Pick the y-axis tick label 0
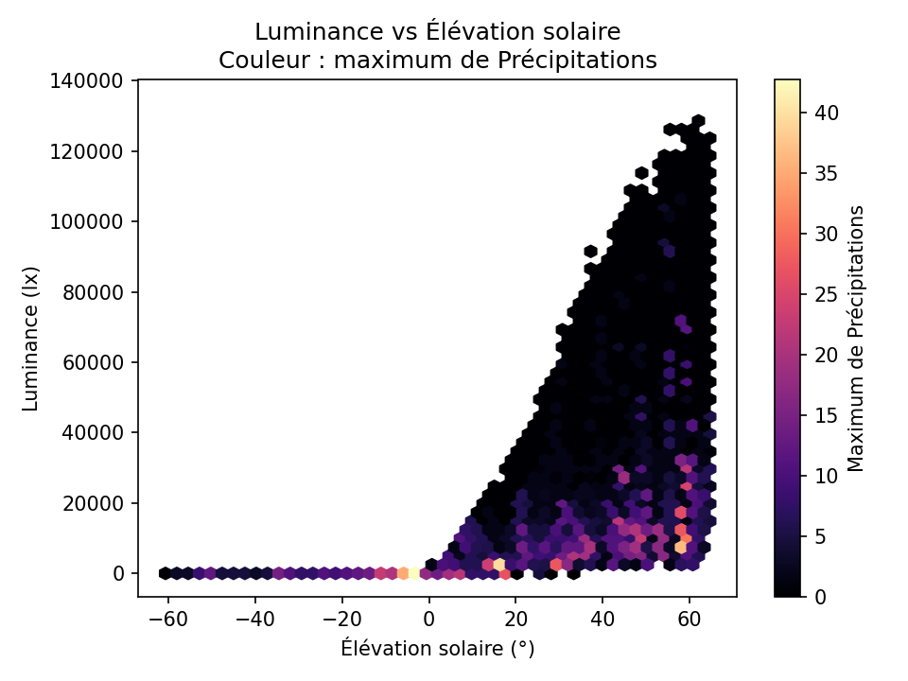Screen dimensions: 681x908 pyautogui.click(x=119, y=573)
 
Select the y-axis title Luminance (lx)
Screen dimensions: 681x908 pyautogui.click(x=31, y=338)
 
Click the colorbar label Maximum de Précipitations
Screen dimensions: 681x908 pyautogui.click(x=856, y=338)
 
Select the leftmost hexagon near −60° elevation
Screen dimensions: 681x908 pyautogui.click(x=165, y=573)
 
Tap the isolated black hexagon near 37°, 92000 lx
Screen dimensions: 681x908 pyautogui.click(x=591, y=251)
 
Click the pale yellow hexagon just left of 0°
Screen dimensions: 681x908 pyautogui.click(x=413, y=573)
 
